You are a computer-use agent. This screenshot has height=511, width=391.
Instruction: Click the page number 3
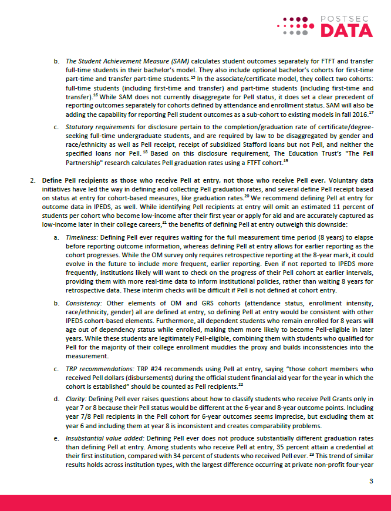click(371, 482)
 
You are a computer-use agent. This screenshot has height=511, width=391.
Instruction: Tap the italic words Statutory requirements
click(99, 126)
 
